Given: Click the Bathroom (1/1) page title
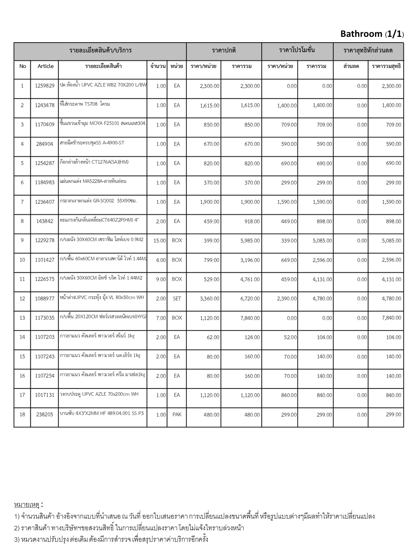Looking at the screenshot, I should [372, 34].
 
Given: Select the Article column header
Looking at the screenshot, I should [45, 66].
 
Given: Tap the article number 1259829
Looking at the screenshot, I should [45, 86].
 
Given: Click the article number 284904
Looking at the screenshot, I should [45, 144].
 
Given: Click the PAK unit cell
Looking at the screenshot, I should [177, 415].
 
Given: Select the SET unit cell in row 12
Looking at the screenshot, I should [177, 299].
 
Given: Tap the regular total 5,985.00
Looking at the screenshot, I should [250, 241].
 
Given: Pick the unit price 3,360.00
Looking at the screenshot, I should [209, 299].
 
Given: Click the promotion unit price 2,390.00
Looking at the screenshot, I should [287, 299].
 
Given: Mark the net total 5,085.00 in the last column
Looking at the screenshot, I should [391, 241].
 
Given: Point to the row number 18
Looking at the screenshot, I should [22, 415].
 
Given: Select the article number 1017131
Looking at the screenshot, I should [45, 395].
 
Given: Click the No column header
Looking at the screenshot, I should [23, 66].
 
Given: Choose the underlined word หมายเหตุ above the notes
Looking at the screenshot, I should [27, 505].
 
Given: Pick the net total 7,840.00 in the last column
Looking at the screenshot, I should [391, 318].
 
